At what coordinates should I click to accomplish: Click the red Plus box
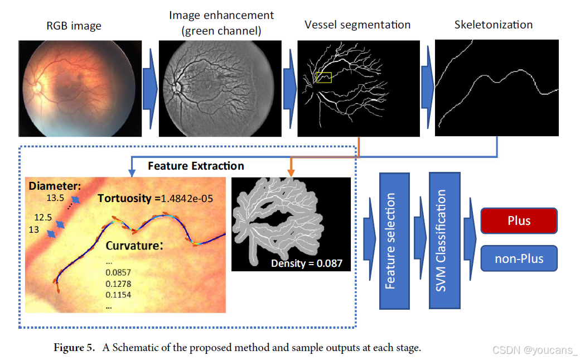tap(519, 220)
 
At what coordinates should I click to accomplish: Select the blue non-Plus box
tap(519, 259)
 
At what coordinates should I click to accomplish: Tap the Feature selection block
tap(394, 241)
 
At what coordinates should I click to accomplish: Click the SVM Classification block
tap(444, 240)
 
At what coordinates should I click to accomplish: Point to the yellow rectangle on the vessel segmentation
tap(323, 77)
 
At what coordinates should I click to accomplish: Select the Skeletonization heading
tap(493, 25)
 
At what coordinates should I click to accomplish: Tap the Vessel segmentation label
tap(357, 25)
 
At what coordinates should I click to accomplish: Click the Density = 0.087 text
tap(306, 263)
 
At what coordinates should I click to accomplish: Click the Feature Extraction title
tap(196, 166)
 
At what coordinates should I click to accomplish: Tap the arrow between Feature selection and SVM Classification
tap(419, 240)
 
